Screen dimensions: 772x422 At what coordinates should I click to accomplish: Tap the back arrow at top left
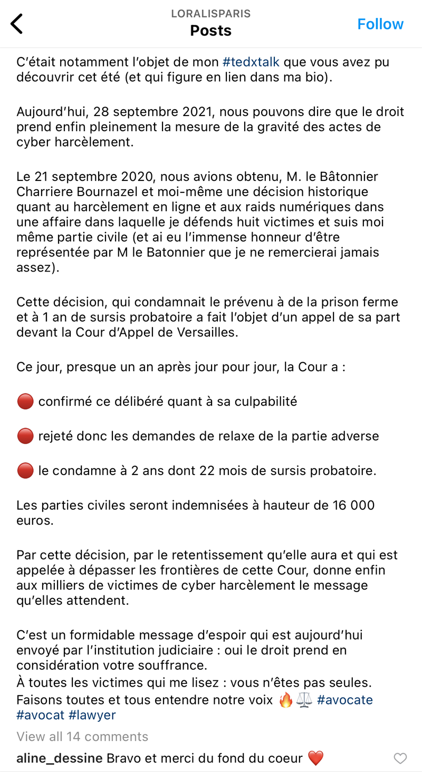[17, 24]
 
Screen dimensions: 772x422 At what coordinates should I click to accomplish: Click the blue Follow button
[380, 24]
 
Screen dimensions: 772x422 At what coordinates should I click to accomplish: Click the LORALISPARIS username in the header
[211, 14]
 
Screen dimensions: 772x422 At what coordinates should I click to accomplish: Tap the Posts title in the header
[211, 31]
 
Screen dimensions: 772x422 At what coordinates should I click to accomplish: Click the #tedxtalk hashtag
[251, 62]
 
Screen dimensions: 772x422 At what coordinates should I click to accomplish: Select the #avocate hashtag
[345, 700]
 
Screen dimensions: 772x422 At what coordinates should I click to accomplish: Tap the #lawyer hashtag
[92, 715]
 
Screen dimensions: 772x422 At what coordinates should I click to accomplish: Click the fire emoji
[285, 700]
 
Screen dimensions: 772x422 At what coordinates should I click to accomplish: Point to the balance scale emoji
[304, 700]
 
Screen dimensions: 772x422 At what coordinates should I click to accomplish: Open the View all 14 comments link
[82, 736]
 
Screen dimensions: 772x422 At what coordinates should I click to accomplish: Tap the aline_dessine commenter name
[59, 758]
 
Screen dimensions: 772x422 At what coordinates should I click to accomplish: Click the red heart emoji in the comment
[315, 758]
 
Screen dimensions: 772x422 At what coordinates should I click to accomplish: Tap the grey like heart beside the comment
[401, 758]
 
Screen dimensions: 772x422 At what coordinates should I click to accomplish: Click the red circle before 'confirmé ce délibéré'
[25, 402]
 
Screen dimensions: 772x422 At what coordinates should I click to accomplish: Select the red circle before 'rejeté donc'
[25, 436]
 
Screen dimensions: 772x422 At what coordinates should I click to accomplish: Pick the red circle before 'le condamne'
[25, 470]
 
